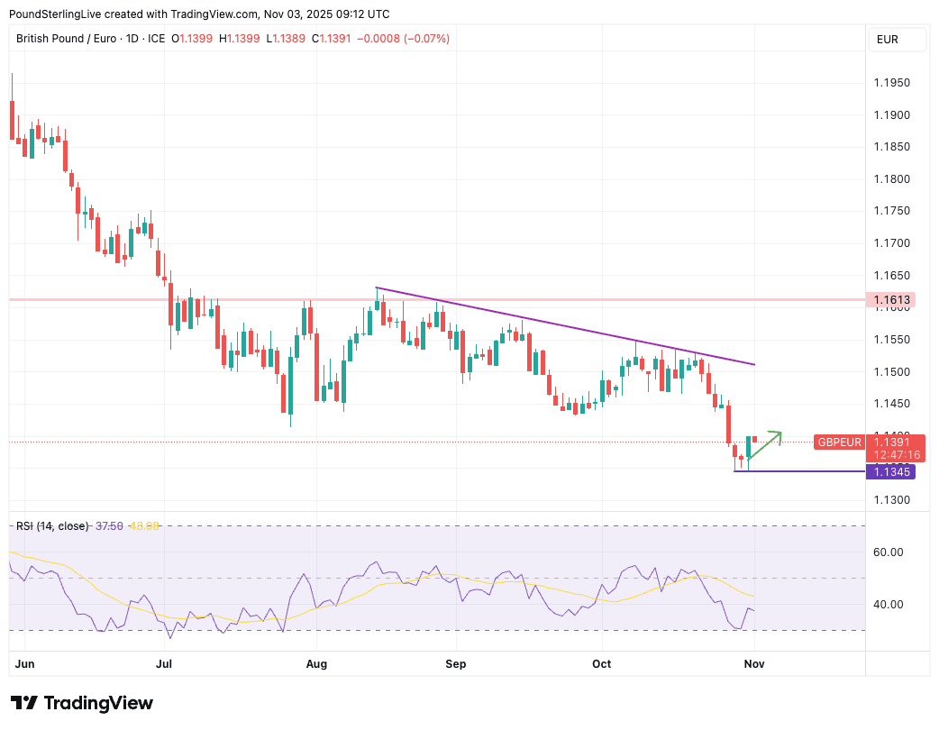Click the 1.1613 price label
[x=893, y=299]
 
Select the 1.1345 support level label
[x=893, y=471]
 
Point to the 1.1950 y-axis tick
[x=893, y=83]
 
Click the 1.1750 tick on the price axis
[x=893, y=211]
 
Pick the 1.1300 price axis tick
[x=893, y=500]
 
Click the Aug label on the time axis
[x=317, y=664]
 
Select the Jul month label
[x=165, y=664]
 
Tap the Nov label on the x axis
[x=754, y=664]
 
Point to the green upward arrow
[x=764, y=445]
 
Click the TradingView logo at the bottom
[x=82, y=703]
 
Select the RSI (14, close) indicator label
[x=52, y=525]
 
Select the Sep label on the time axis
[x=456, y=664]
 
